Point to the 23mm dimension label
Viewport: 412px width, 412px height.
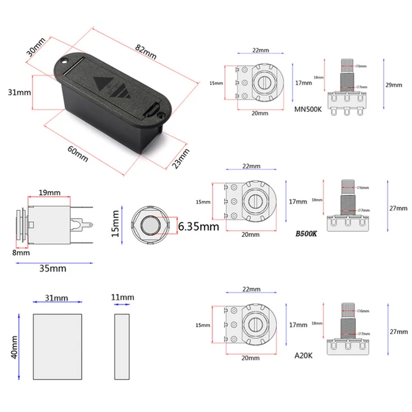[x=181, y=156]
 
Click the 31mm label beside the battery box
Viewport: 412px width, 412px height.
[x=19, y=92]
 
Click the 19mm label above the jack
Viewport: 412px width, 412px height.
[x=49, y=192]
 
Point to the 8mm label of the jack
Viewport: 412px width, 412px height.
[x=21, y=252]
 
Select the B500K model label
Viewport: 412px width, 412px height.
[x=306, y=234]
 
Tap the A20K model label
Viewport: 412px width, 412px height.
[x=303, y=355]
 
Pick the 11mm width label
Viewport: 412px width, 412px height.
[x=122, y=297]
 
